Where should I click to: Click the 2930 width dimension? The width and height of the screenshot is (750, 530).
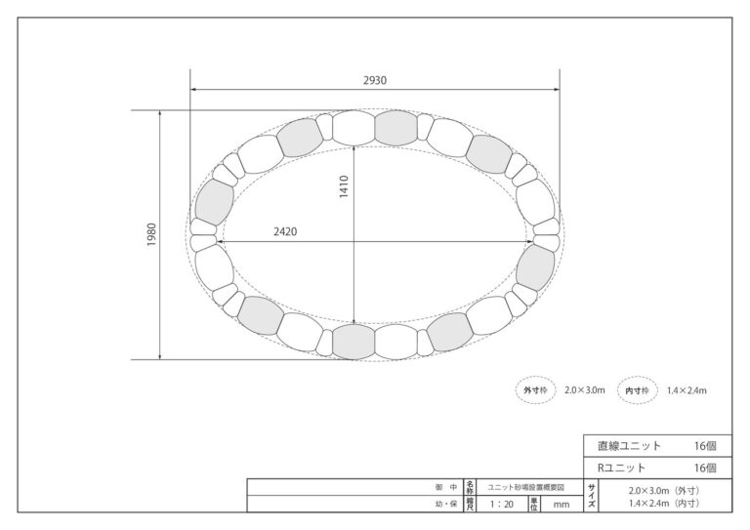click(375, 80)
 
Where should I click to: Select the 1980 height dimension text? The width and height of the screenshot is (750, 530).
click(151, 234)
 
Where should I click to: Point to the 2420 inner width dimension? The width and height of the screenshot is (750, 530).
click(285, 231)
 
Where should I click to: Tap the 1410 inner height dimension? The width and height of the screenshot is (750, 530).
click(344, 186)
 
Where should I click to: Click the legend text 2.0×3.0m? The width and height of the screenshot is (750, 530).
click(585, 390)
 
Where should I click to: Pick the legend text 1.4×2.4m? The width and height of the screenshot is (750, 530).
click(687, 390)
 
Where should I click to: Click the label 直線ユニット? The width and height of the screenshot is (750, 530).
click(629, 446)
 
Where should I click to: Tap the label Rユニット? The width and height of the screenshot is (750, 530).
click(621, 468)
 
